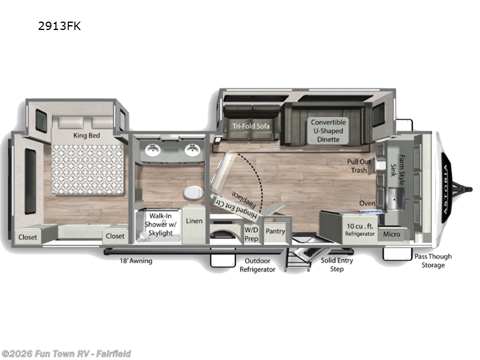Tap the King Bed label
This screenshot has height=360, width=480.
pos(86,135)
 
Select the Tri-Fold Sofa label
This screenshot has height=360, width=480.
pos(251,126)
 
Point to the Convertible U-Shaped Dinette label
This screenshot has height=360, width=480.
pos(328,130)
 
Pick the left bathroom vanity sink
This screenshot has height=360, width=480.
pos(151,149)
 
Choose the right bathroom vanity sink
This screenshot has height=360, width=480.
pos(192,149)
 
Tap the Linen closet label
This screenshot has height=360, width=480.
pos(194,221)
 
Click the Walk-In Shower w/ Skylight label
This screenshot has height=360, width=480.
pos(163,224)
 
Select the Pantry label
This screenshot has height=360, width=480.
pos(275,231)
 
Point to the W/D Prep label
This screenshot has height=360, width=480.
pos(251,234)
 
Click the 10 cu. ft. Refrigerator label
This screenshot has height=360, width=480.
pos(360,230)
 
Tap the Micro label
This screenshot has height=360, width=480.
pos(392,233)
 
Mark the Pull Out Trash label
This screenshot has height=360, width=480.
pos(359,166)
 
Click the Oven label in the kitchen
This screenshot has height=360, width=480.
pos(367,203)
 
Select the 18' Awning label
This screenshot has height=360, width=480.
pos(136,261)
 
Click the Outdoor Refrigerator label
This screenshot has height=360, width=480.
pos(257,265)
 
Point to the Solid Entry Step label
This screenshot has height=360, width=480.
pos(337,265)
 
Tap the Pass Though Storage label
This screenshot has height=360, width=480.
pos(433,260)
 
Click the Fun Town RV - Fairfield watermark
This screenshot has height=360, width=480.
pos(66,353)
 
